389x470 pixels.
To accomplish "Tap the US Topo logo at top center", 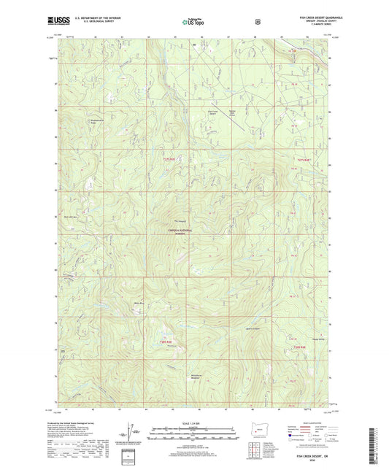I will coord(194,22).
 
